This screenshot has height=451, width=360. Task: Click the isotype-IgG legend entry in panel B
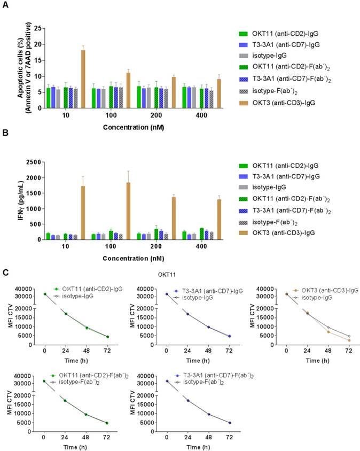click(266, 187)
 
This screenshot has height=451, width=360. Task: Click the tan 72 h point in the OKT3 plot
click(348, 340)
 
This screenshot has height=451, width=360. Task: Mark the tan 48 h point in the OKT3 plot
click(328, 332)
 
